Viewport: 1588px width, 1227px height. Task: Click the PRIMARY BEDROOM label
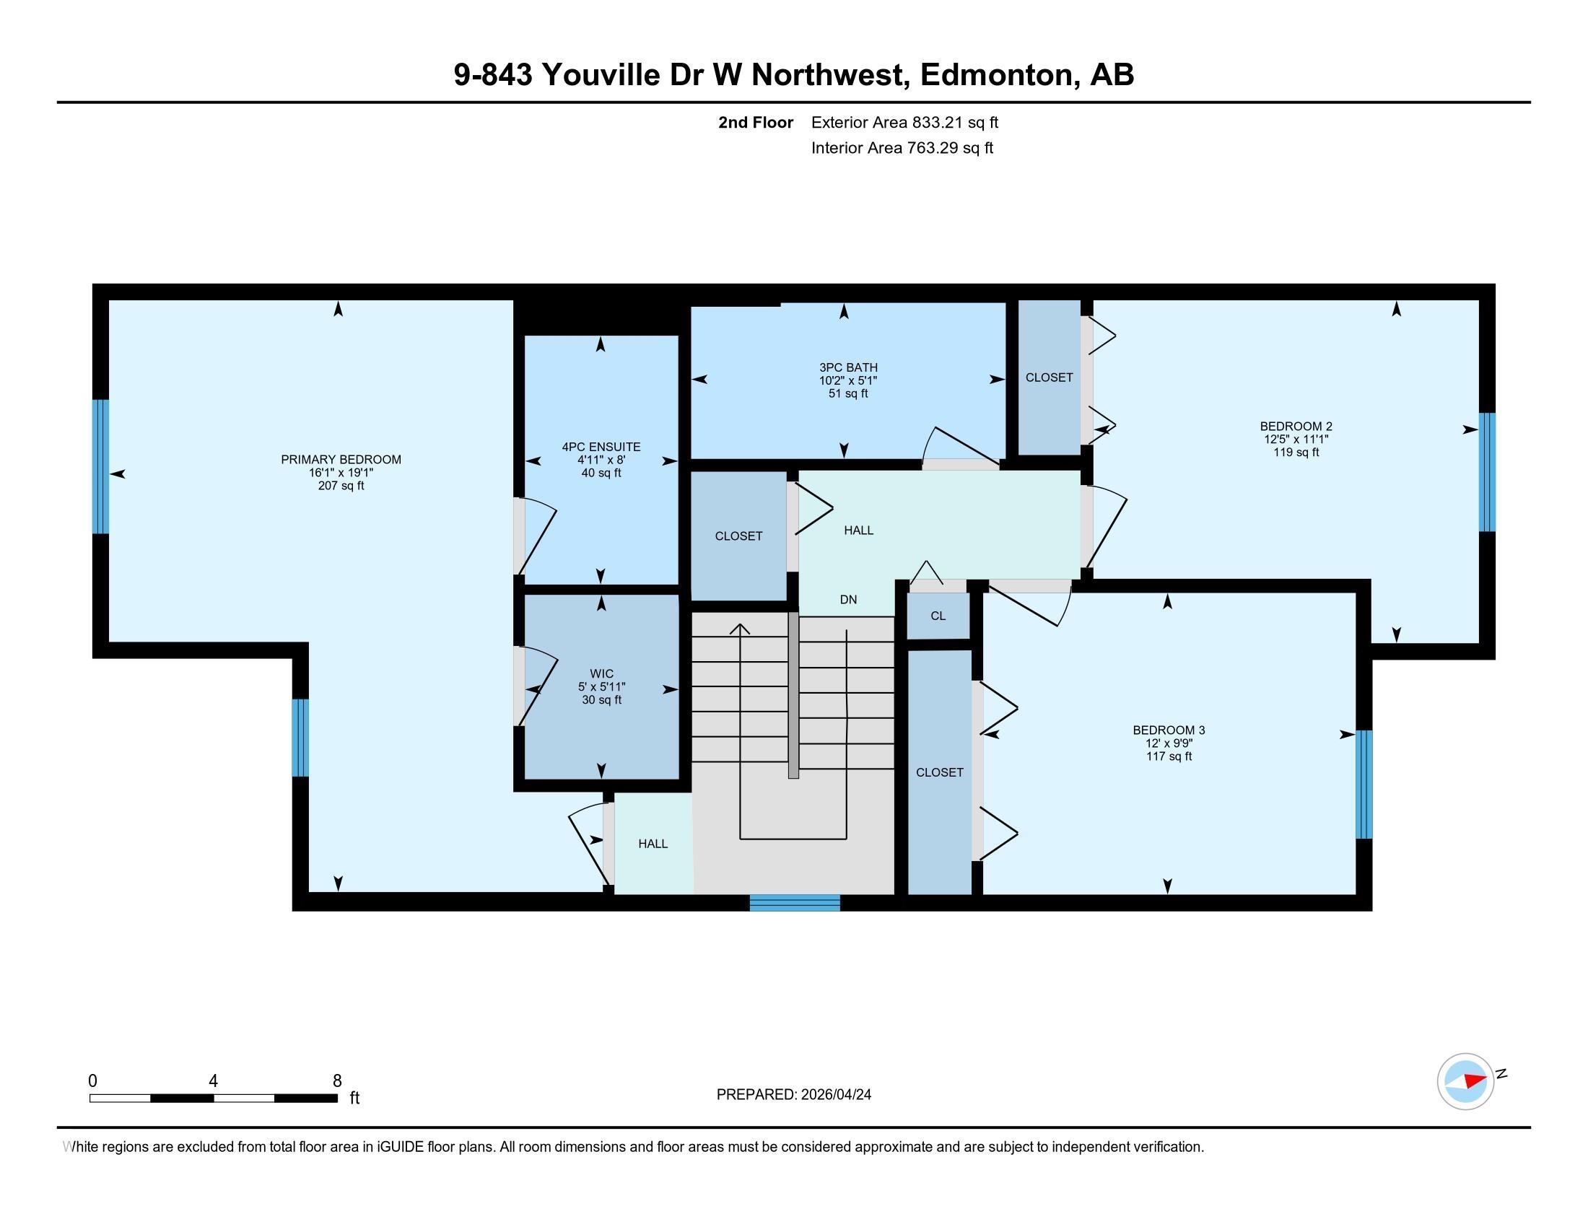(x=341, y=459)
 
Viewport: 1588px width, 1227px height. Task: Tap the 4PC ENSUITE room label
(x=601, y=447)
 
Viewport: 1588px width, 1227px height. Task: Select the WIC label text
(x=602, y=674)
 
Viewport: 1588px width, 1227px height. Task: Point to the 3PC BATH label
(x=849, y=368)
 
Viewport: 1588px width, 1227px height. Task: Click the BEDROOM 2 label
(x=1296, y=427)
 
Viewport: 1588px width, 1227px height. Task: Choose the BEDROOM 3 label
(x=1169, y=730)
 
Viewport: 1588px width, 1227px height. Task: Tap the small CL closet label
(x=938, y=616)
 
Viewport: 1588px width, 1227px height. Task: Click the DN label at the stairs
(x=849, y=600)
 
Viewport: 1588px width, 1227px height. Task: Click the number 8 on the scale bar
(x=337, y=1081)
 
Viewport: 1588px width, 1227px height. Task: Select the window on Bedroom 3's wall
(x=1365, y=785)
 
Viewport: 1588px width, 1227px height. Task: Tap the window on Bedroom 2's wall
(x=1488, y=473)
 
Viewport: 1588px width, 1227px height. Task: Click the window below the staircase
(x=795, y=903)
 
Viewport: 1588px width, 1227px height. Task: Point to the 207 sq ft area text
(x=341, y=486)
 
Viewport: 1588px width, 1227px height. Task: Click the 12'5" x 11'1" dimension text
(x=1296, y=439)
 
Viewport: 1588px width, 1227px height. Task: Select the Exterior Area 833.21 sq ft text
(x=904, y=122)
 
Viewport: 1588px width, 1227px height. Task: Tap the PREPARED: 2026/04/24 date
(x=794, y=1094)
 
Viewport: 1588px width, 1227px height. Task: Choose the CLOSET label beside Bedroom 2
(x=1050, y=377)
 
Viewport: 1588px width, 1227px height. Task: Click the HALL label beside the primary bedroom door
(x=653, y=844)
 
